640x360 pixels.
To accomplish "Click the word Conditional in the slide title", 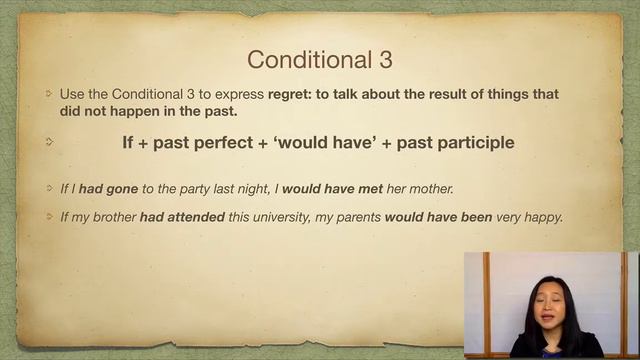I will pos(304,59).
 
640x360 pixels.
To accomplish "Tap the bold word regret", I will pos(291,94).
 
